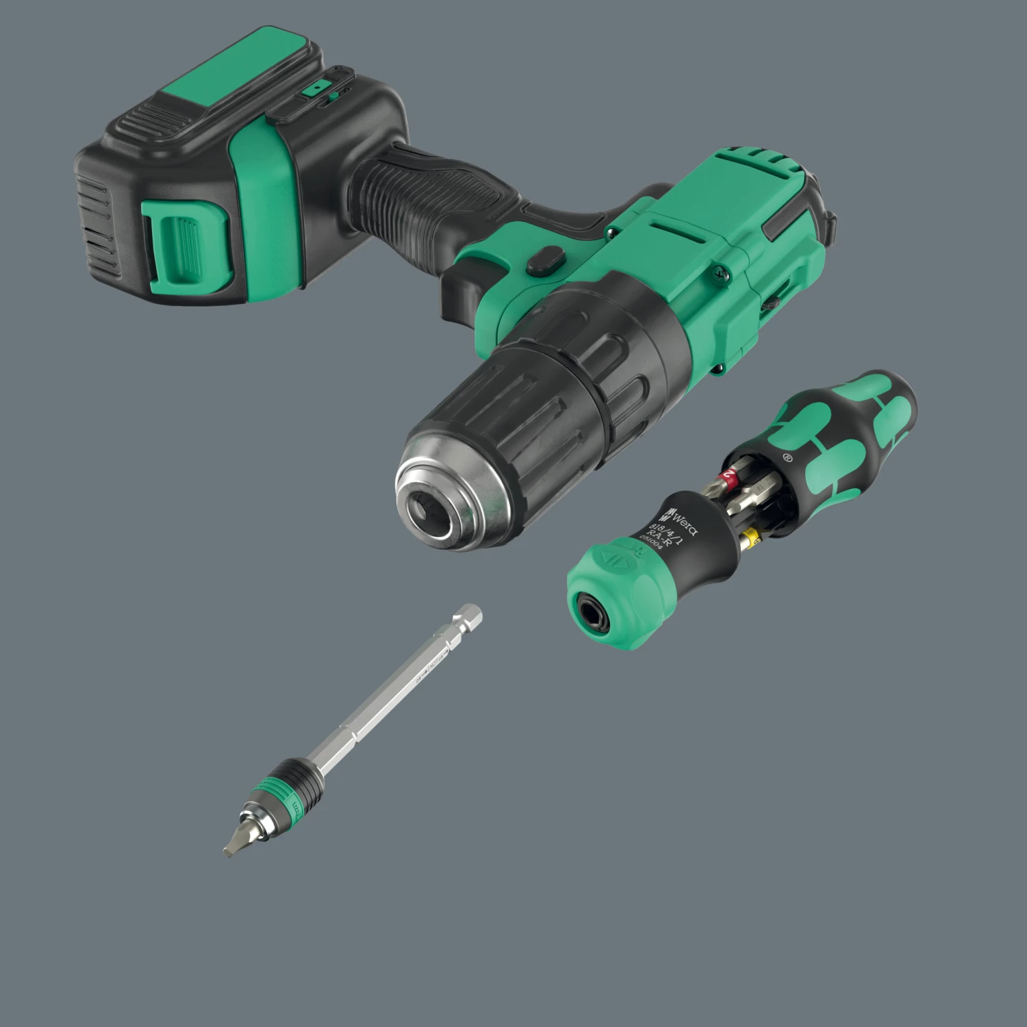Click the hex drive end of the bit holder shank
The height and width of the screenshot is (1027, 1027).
pos(468,617)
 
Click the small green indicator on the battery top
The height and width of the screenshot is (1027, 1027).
pos(316,88)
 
